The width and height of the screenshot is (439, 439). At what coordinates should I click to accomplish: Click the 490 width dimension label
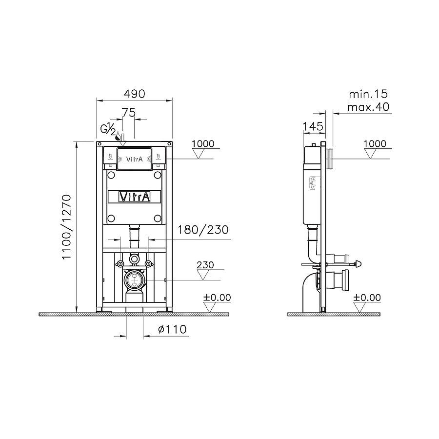pos(135,94)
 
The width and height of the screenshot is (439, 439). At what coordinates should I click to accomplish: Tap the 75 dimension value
pos(129,113)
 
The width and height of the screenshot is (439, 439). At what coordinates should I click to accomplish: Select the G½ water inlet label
pos(108,129)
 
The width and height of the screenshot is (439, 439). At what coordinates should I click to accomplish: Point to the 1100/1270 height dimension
pos(67,227)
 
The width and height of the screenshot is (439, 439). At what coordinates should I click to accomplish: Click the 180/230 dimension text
pos(203,230)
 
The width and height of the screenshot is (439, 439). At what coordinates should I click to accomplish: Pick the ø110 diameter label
pos(172,329)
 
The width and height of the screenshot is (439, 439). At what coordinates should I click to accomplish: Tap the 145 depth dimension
pos(313,126)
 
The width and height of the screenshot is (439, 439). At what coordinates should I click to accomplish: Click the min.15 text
pos(368,94)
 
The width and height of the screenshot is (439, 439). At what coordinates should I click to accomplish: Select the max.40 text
pos(368,107)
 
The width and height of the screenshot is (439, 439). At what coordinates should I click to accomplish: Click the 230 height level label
pos(205,265)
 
